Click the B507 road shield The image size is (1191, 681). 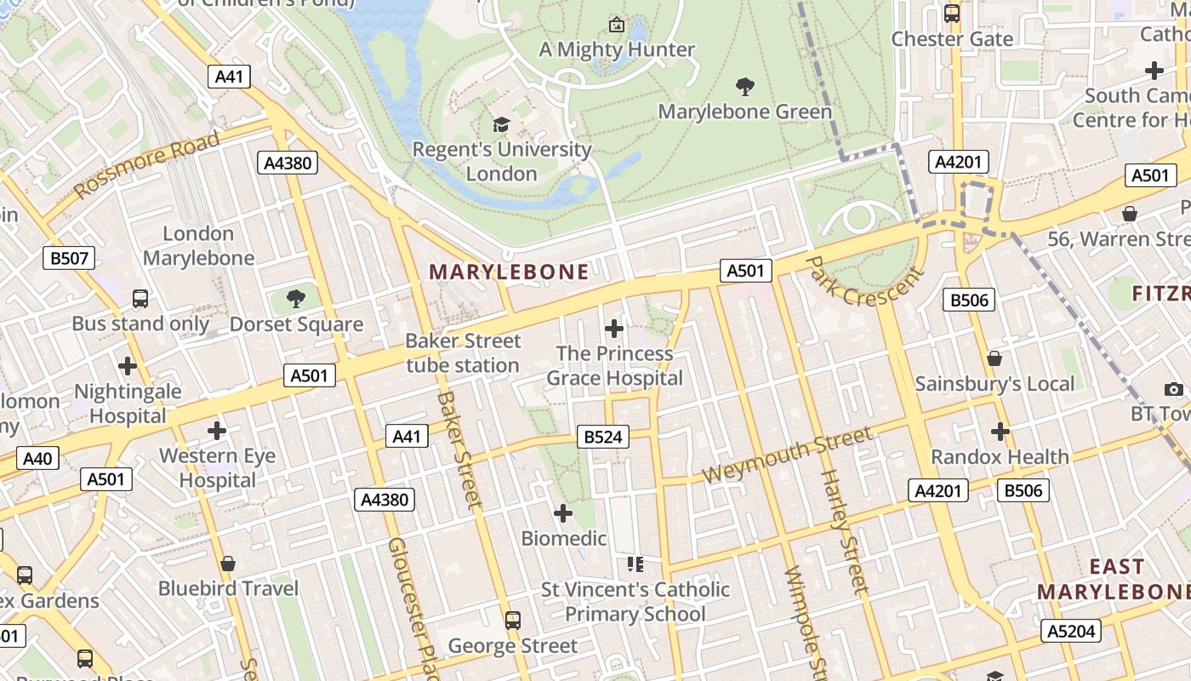tap(69, 258)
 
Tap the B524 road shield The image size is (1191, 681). tap(603, 437)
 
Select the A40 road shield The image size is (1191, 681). tap(37, 459)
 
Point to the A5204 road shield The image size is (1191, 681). tap(1071, 631)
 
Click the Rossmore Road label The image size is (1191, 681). tap(147, 165)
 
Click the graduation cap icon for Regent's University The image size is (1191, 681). tap(502, 125)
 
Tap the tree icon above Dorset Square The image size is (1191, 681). tap(296, 299)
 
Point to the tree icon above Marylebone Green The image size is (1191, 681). tap(745, 86)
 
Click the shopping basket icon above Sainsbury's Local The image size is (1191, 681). tap(994, 358)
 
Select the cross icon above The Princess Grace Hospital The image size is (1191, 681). tap(614, 328)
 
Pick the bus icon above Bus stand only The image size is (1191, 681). tap(140, 299)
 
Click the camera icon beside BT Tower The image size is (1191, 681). tap(1175, 389)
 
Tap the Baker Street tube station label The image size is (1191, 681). tap(463, 353)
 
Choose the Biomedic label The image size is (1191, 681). tap(564, 538)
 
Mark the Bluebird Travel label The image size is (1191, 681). tap(228, 588)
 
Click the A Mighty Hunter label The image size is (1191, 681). tap(618, 49)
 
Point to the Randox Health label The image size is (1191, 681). tap(1000, 456)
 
